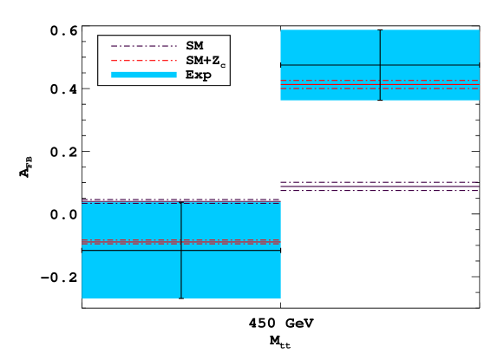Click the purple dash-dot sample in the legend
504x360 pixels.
[x=143, y=46]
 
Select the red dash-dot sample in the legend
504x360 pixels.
[x=143, y=61]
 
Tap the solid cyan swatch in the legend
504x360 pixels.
[x=143, y=75]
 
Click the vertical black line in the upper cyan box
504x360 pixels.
[x=380, y=48]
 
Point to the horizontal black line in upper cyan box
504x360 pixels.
[x=330, y=65]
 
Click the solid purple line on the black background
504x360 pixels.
[x=379, y=187]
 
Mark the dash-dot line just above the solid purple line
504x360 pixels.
[x=379, y=182]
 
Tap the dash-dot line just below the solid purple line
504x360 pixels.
[x=379, y=191]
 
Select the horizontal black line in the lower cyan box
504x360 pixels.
[x=130, y=251]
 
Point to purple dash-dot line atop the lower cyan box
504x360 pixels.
[x=130, y=201]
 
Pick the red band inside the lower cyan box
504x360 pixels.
[x=130, y=241]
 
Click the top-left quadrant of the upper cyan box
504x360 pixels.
[x=330, y=47]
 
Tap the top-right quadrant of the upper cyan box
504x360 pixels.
[x=430, y=47]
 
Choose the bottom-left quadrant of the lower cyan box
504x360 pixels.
[x=131, y=275]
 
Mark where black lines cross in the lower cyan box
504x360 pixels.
[x=181, y=251]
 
